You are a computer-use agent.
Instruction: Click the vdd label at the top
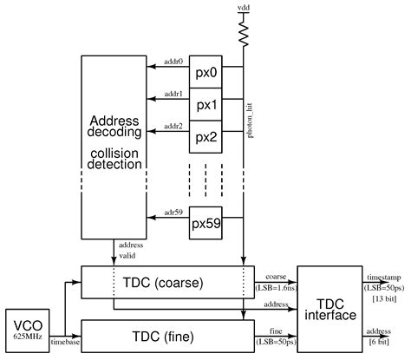tap(244, 7)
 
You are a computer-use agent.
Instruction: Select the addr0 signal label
tap(173, 62)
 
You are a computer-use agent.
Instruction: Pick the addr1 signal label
tap(173, 95)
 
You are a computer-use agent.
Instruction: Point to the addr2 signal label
tap(173, 127)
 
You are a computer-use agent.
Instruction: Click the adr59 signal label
tap(173, 212)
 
